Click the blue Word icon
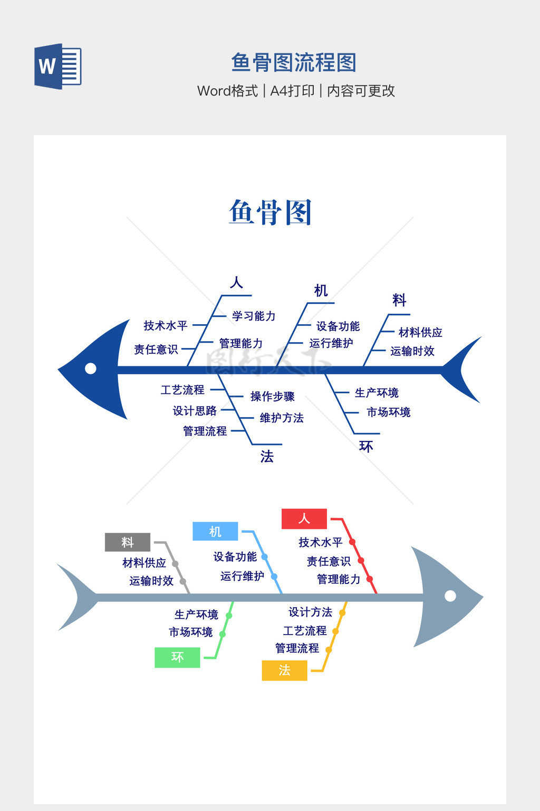58,67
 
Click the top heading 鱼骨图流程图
294,63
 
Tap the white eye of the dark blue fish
91,368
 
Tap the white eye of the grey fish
450,596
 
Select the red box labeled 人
304,518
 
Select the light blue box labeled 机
215,531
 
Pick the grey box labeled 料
128,542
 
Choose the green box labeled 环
177,657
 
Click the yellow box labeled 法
284,670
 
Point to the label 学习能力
254,316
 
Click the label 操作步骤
272,397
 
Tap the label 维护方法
282,418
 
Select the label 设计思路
195,411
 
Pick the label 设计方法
310,612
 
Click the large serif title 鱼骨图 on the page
270,212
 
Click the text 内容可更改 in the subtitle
361,91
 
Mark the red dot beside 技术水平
352,542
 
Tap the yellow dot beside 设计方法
342,613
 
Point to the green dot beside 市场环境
223,634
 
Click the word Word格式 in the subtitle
227,91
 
